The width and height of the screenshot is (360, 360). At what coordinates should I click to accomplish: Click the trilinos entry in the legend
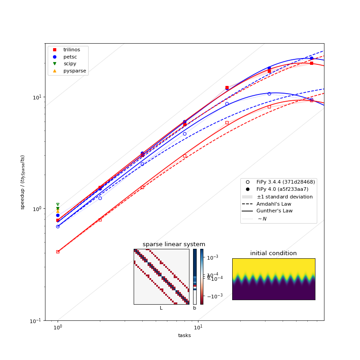coord(72,49)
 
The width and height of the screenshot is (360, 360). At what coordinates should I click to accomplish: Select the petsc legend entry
coord(69,57)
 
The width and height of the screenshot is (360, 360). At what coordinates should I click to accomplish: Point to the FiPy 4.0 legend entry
coord(282,189)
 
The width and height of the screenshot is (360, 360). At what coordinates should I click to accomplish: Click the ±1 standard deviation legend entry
coord(284,197)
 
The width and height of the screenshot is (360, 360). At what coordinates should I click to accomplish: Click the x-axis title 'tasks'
coord(184,335)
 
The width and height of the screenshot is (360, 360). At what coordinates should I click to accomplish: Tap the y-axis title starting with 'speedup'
coord(22,182)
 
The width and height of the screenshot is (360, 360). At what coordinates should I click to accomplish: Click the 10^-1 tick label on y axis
coord(36,320)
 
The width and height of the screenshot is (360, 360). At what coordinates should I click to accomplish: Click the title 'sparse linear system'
coord(174,244)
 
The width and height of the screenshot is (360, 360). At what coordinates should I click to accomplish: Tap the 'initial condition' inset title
coord(273,253)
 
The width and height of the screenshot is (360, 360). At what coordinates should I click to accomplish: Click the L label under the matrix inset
coord(161,308)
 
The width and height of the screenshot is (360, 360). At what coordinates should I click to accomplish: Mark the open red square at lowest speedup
coord(58,252)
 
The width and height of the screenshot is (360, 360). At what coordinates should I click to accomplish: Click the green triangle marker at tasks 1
coord(58,209)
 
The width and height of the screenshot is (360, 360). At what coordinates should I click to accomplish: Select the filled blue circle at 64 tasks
coord(311,58)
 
